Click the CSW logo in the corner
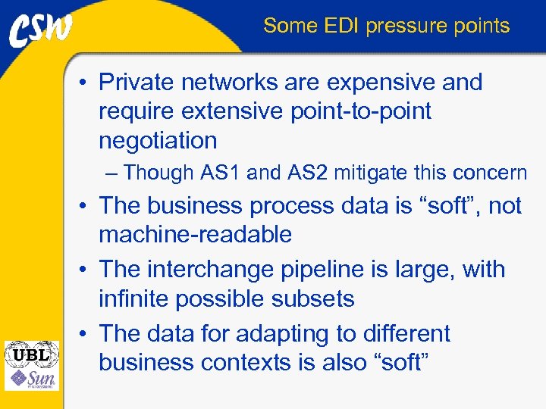click(x=41, y=30)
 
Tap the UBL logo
click(x=30, y=353)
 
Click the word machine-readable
click(x=195, y=235)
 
